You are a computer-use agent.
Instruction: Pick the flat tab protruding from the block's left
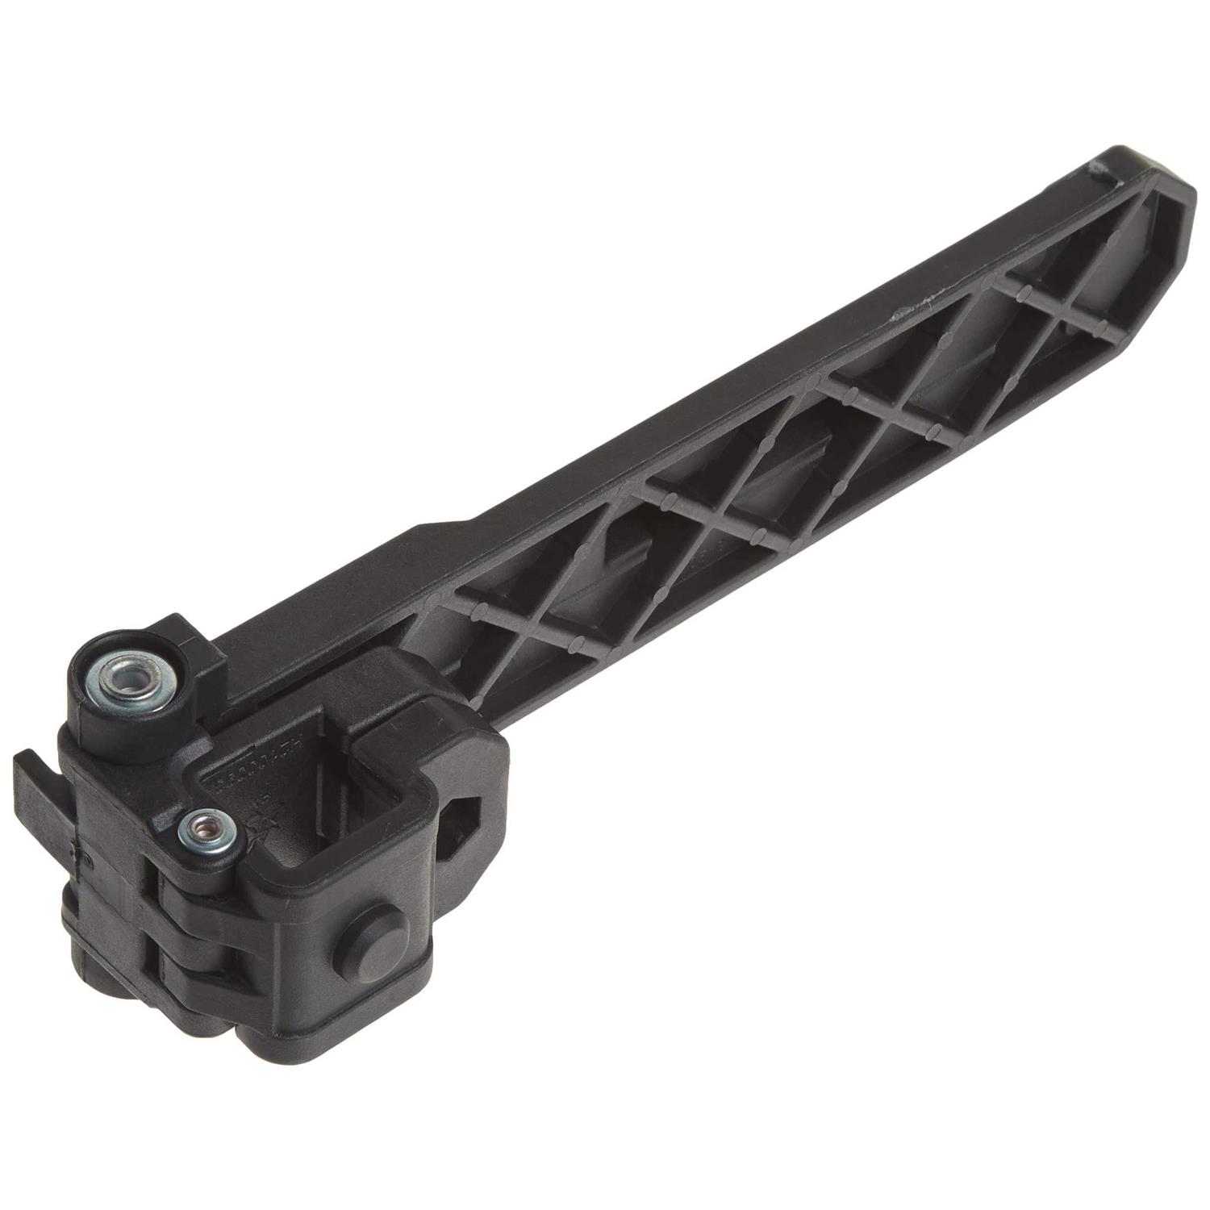click(40, 774)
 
